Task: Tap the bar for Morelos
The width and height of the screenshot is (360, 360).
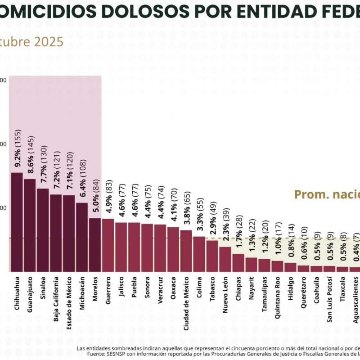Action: [x=95, y=245]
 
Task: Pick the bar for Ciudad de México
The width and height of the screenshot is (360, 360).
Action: [x=186, y=251]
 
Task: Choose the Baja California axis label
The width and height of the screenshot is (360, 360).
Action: [x=56, y=296]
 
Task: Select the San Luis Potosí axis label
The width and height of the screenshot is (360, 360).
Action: [x=329, y=297]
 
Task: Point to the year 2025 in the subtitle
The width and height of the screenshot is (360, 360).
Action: [x=48, y=42]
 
